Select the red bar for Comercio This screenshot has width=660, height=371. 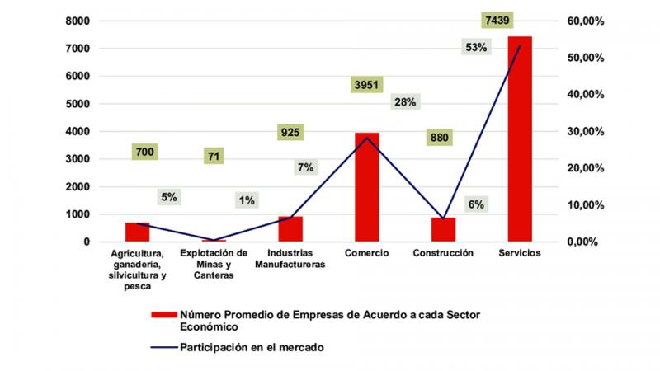click(x=367, y=187)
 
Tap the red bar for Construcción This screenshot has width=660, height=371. click(x=443, y=229)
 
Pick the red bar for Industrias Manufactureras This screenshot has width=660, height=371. click(x=290, y=228)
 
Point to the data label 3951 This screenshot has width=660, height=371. click(x=367, y=85)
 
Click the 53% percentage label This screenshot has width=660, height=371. click(x=476, y=48)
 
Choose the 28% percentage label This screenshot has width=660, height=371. click(x=405, y=102)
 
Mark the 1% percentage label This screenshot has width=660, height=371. click(x=247, y=200)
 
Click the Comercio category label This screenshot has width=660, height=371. click(x=367, y=253)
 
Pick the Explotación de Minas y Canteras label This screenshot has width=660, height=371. click(x=214, y=264)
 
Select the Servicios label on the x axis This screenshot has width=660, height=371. click(x=519, y=253)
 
